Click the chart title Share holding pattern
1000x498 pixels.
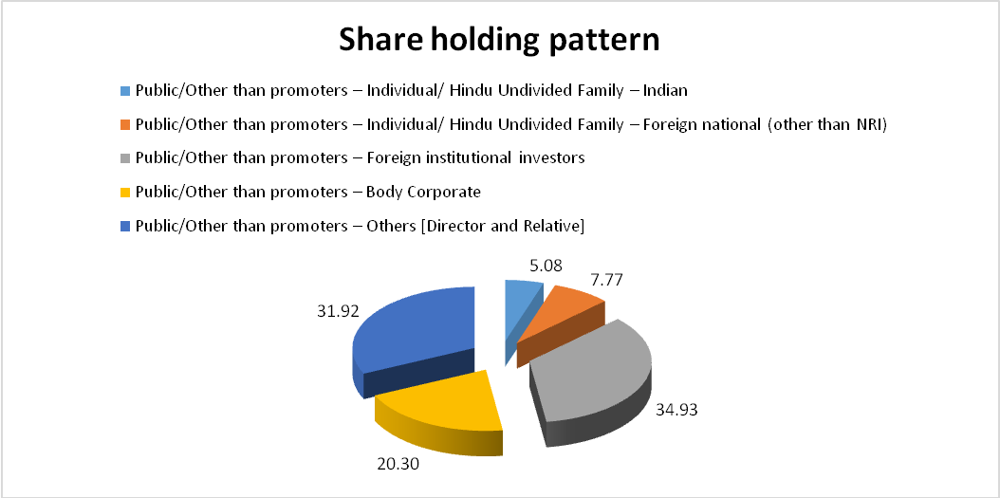pos(499,40)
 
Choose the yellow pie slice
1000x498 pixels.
pos(440,408)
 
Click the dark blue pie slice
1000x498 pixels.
pos(415,338)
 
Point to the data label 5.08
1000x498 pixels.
pos(546,265)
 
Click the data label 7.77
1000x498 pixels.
pos(606,280)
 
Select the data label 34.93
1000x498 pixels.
pos(677,409)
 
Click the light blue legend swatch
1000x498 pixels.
pos(125,91)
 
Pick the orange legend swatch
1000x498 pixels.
pos(125,125)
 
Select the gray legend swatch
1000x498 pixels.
pos(125,158)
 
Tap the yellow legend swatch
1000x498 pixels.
pos(125,193)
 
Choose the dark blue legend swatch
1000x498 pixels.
pos(125,227)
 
